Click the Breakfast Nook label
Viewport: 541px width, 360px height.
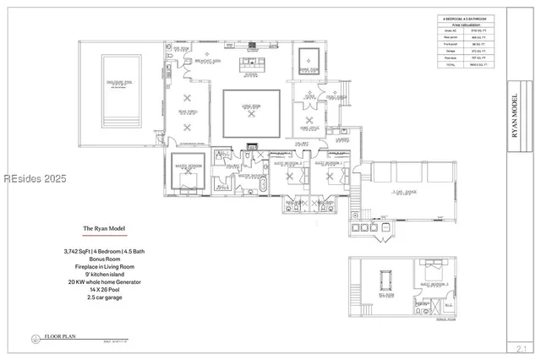pyautogui.click(x=208, y=61)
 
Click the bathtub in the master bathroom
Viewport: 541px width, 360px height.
pyautogui.click(x=264, y=184)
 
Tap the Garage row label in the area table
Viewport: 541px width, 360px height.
pyautogui.click(x=448, y=53)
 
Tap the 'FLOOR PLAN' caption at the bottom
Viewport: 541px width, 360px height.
pyautogui.click(x=62, y=336)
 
